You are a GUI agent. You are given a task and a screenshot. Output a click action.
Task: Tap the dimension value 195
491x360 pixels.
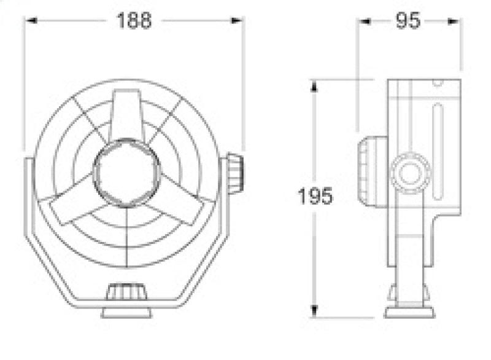pyautogui.click(x=315, y=197)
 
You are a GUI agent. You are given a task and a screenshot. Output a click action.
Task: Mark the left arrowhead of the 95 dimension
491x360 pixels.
pyautogui.click(x=364, y=21)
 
